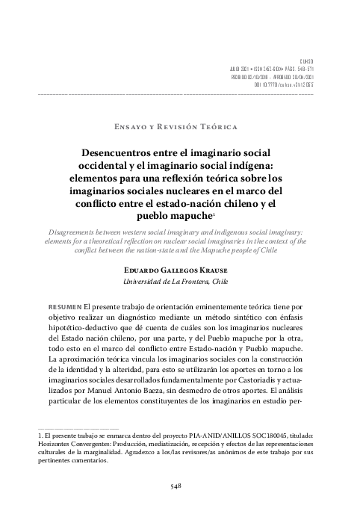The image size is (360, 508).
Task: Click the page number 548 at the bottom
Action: click(179, 486)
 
